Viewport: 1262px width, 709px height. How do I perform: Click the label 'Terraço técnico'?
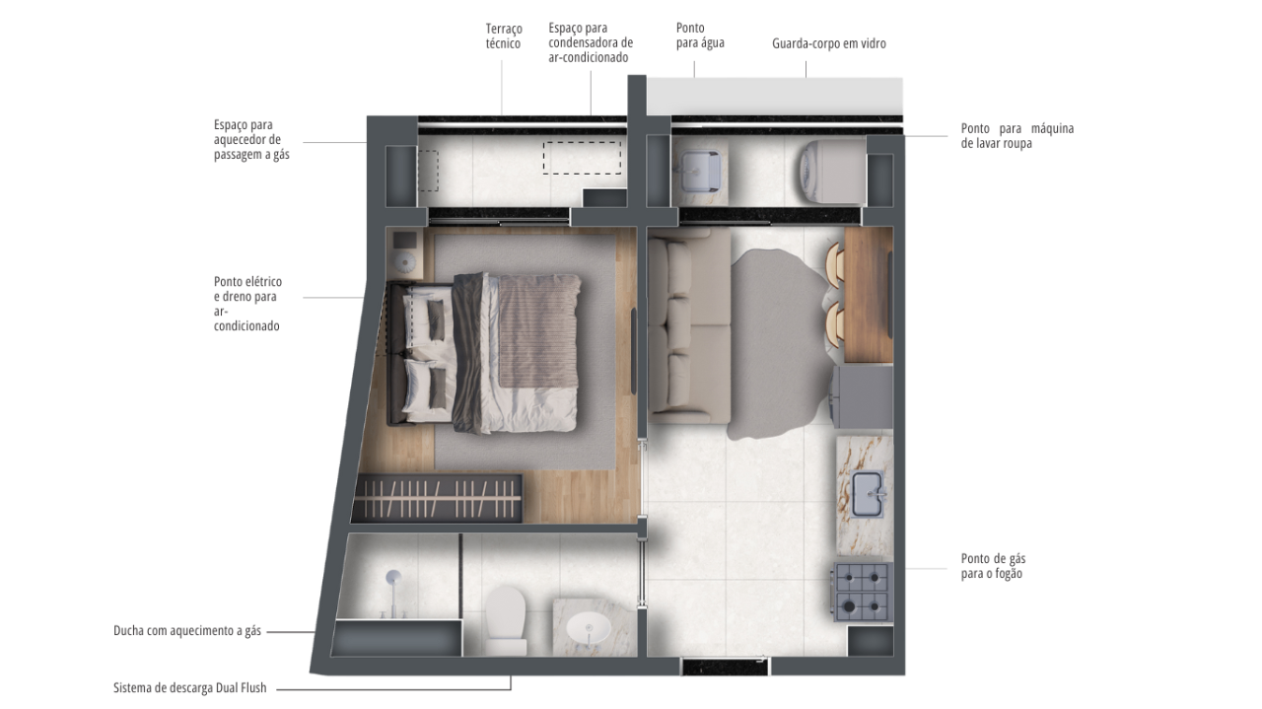pyautogui.click(x=504, y=36)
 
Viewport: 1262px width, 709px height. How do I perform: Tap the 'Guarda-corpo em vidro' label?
pyautogui.click(x=829, y=44)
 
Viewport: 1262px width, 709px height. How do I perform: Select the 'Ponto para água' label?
pyautogui.click(x=700, y=35)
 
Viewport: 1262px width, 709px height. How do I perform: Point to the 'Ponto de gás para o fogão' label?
pyautogui.click(x=993, y=566)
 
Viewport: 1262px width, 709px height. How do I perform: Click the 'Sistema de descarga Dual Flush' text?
pyautogui.click(x=190, y=687)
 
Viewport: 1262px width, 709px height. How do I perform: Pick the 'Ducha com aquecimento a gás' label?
pyautogui.click(x=187, y=631)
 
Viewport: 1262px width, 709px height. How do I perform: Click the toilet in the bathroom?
pyautogui.click(x=506, y=619)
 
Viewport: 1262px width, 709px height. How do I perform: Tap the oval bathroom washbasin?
pyautogui.click(x=589, y=627)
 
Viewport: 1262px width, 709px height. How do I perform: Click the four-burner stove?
pyautogui.click(x=862, y=592)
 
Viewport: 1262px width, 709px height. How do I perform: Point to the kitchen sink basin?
pyautogui.click(x=867, y=494)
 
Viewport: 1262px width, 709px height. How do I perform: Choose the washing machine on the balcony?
pyautogui.click(x=833, y=172)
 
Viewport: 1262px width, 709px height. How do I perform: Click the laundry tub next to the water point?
pyautogui.click(x=700, y=171)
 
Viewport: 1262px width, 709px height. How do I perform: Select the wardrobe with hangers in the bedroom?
pyautogui.click(x=437, y=499)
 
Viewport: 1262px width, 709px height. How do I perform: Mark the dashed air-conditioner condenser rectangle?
pyautogui.click(x=582, y=158)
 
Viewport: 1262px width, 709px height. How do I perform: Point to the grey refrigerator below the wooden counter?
pyautogui.click(x=863, y=397)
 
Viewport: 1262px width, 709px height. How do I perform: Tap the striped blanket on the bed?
pyautogui.click(x=539, y=331)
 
